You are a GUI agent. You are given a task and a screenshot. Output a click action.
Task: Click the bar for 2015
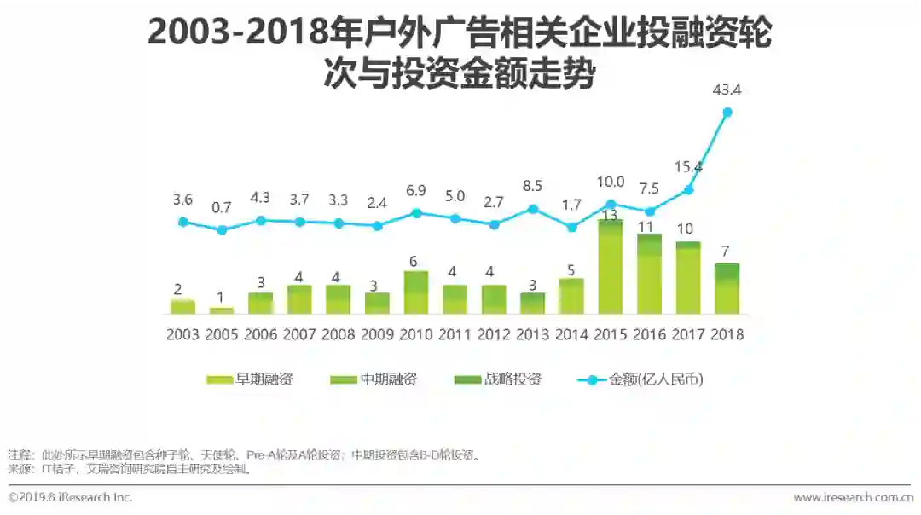[611, 268]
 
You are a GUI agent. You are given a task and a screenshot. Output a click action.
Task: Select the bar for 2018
[727, 290]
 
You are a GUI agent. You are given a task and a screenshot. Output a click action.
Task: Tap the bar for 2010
[415, 293]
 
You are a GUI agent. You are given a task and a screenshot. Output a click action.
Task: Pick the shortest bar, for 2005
[221, 310]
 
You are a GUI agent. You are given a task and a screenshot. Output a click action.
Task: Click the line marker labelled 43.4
[727, 112]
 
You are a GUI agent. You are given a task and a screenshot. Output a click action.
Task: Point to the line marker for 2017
[688, 190]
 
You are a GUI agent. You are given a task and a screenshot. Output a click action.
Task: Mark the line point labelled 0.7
[222, 229]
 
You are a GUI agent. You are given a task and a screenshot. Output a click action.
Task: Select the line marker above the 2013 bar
[532, 208]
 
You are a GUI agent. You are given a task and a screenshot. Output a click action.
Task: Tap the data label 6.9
[416, 190]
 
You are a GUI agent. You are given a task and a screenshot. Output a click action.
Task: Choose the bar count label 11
[649, 227]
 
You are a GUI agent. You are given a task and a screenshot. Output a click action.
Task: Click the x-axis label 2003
[182, 334]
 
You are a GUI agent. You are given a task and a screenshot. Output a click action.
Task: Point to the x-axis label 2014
[571, 334]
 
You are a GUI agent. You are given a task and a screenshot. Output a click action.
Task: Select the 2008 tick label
[338, 334]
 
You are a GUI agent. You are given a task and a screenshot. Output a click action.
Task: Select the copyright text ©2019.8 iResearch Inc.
[70, 497]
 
